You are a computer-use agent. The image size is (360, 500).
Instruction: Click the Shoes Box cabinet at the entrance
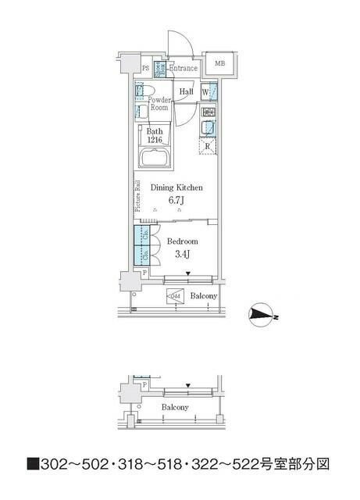point(159,68)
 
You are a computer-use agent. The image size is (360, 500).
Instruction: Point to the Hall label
point(186,92)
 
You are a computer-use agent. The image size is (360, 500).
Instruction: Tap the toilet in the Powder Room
point(143,93)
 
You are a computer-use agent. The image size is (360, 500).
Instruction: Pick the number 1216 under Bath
point(155,141)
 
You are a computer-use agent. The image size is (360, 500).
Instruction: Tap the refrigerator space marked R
point(208,145)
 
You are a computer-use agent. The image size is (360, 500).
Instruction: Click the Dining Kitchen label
point(176,187)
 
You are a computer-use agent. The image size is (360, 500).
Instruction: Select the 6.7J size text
point(176,201)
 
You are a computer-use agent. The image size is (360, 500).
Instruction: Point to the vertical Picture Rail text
point(137,196)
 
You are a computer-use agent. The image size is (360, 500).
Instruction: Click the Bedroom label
point(181,241)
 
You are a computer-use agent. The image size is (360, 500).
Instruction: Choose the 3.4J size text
point(180,254)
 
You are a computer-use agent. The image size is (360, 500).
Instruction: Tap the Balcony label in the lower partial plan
point(174,408)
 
